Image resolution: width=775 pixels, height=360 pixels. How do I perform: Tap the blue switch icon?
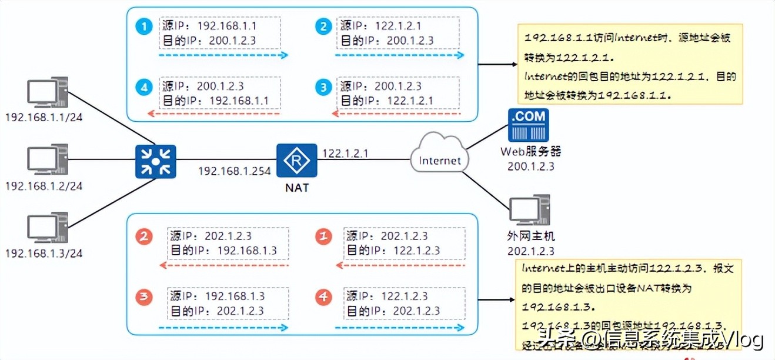155,161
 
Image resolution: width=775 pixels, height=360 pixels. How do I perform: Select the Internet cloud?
440,155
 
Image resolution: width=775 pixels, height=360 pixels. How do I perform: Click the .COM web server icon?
528,125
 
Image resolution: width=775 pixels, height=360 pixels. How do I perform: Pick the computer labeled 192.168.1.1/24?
48,94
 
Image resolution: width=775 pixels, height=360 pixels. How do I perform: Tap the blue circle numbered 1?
143,26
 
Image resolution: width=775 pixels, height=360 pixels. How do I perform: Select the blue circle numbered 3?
323,88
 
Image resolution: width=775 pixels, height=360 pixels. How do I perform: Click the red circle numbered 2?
144,236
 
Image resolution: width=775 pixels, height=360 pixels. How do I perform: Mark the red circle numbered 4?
323,297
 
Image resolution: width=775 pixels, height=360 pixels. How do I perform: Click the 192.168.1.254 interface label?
234,172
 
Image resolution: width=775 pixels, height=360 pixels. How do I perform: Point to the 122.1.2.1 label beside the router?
345,153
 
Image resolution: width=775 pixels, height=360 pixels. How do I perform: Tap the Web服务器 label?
530,151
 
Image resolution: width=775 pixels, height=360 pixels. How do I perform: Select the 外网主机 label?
530,237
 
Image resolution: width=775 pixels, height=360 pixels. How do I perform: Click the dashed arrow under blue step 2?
400,55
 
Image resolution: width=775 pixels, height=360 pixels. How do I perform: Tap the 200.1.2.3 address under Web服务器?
530,166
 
